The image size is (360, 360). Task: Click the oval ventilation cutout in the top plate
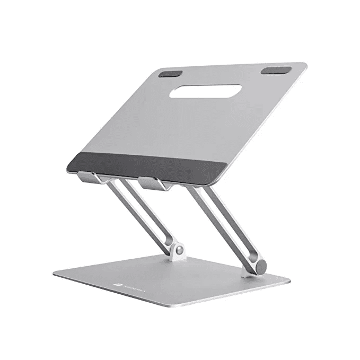pos(205,91)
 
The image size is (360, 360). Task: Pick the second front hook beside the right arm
pos(154,183)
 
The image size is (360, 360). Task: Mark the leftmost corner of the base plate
pos(54,274)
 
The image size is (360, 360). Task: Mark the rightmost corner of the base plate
pos(291,278)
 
